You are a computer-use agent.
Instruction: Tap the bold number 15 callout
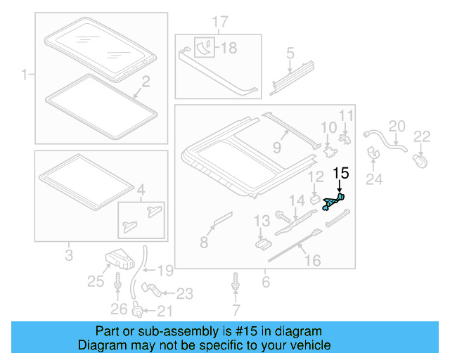(x=340, y=172)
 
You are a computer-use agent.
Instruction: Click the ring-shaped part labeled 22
(x=420, y=161)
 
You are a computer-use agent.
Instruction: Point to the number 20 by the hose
(x=397, y=126)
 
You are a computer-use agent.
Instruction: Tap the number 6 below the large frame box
(x=265, y=283)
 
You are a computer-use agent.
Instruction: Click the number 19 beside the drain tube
(x=165, y=270)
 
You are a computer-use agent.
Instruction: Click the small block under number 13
(x=262, y=243)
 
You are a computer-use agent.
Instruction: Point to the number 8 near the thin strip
(x=204, y=243)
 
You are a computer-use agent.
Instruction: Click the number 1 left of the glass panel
(x=25, y=74)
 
